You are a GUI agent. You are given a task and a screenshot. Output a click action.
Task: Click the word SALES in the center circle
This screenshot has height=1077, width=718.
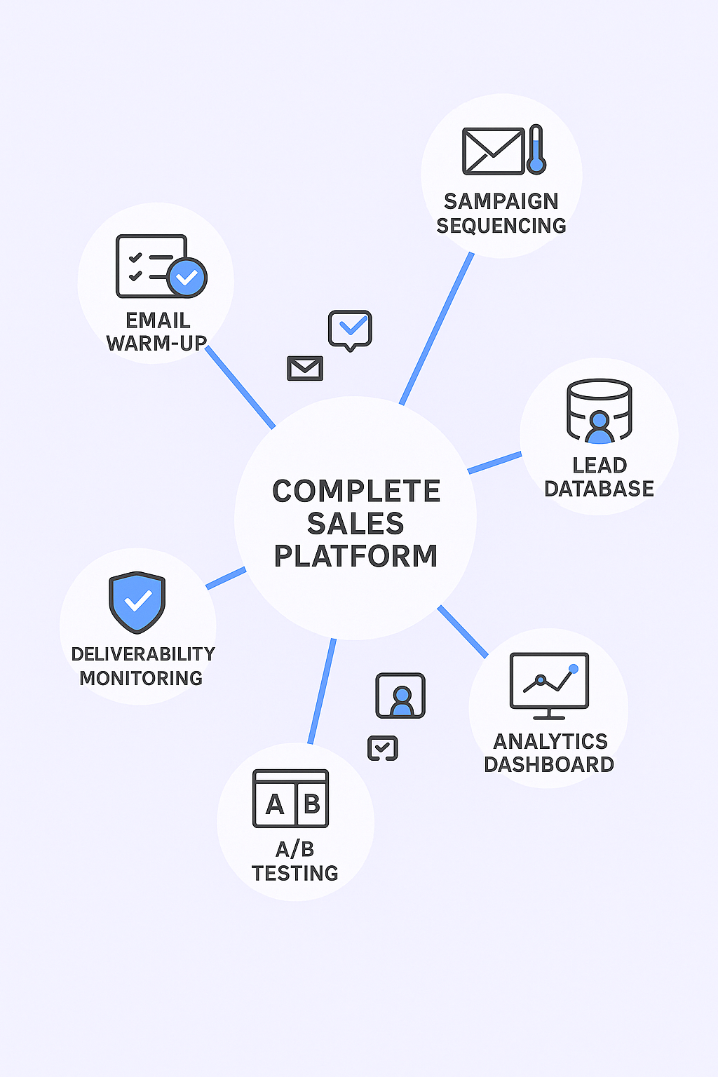pyautogui.click(x=355, y=524)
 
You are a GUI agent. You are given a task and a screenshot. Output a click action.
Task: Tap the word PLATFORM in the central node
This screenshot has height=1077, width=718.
pyautogui.click(x=355, y=556)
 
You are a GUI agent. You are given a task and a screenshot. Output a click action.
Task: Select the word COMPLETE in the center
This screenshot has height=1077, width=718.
pyautogui.click(x=356, y=492)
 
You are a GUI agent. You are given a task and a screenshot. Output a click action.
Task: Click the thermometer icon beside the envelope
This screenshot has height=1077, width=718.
pyautogui.click(x=536, y=149)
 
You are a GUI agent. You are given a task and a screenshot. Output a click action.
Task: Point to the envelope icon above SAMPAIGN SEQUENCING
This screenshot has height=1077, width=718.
pyautogui.click(x=493, y=151)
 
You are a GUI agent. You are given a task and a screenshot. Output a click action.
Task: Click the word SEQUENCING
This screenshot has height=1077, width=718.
pyautogui.click(x=501, y=226)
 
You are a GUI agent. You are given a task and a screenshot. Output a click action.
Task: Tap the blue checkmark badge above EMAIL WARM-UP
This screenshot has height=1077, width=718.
pyautogui.click(x=187, y=278)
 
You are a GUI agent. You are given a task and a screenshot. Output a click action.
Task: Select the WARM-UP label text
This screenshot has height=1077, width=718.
pyautogui.click(x=156, y=344)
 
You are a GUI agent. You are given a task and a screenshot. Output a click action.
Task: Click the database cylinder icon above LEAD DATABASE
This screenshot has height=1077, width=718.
pyautogui.click(x=599, y=411)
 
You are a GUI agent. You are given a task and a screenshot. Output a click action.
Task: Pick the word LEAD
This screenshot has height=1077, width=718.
pyautogui.click(x=600, y=465)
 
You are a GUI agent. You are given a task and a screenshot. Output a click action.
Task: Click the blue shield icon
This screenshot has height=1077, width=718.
pyautogui.click(x=137, y=602)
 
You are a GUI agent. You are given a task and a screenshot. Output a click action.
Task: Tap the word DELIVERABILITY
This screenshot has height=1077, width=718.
pyautogui.click(x=143, y=654)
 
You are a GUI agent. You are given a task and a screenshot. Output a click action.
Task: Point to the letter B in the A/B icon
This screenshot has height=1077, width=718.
pyautogui.click(x=312, y=804)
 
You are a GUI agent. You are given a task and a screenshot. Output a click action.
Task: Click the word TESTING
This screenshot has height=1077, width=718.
pyautogui.click(x=295, y=874)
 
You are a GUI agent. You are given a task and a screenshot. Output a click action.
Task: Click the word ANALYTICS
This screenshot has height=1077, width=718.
pyautogui.click(x=550, y=741)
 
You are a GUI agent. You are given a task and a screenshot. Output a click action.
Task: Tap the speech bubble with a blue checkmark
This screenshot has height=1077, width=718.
pyautogui.click(x=350, y=329)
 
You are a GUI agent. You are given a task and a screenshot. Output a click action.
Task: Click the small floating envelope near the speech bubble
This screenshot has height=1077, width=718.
pyautogui.click(x=305, y=368)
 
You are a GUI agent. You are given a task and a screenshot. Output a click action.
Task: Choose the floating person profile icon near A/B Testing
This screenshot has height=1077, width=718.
pyautogui.click(x=400, y=696)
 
